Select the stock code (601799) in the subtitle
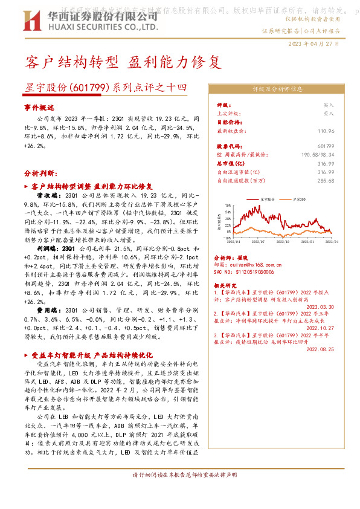pyautogui.click(x=86, y=88)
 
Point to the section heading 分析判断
pyautogui.click(x=40, y=172)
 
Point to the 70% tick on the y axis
pyautogui.click(x=229, y=206)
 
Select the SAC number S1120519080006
pyautogui.click(x=246, y=272)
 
